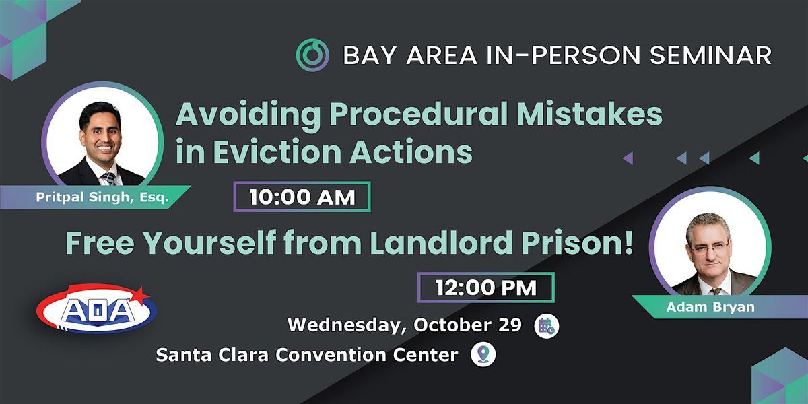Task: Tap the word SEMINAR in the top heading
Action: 710,55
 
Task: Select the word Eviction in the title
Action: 277,151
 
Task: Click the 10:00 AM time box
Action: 302,197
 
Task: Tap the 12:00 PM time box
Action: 486,288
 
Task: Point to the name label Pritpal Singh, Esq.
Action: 102,197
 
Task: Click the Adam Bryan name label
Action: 710,307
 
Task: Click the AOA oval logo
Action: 96,309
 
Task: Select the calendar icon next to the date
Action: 547,326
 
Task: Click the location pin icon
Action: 483,354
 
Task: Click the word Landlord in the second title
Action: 441,242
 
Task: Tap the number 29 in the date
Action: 510,325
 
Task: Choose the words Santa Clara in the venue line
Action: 212,355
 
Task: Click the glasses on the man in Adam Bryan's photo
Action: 709,248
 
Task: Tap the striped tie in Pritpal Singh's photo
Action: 108,179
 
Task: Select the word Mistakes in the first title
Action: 589,114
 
